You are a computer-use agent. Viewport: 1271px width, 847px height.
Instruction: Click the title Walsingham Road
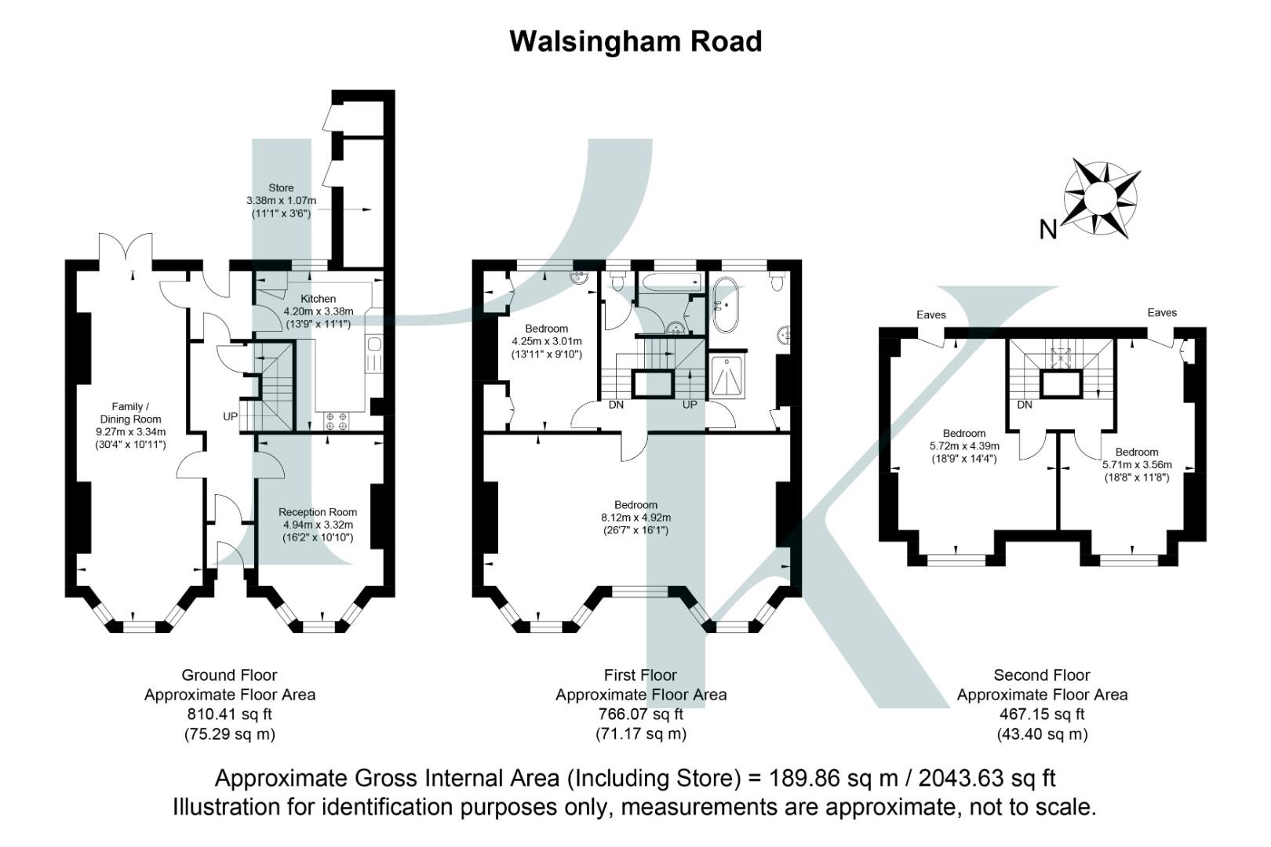(x=635, y=41)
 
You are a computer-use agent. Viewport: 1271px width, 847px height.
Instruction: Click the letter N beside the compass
(x=1048, y=230)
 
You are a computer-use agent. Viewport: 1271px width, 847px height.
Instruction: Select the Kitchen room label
(x=318, y=299)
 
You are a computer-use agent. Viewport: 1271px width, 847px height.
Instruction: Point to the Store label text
(x=281, y=188)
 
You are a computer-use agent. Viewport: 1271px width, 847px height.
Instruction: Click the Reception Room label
(x=317, y=512)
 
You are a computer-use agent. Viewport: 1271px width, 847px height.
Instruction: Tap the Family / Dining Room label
(x=130, y=413)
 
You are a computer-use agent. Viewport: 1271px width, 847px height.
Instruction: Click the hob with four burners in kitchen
(x=337, y=421)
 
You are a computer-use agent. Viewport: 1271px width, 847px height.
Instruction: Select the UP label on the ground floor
(x=230, y=416)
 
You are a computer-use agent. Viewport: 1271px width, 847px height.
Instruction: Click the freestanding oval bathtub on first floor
(x=727, y=305)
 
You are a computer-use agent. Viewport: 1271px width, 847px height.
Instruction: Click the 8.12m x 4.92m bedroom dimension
(x=635, y=518)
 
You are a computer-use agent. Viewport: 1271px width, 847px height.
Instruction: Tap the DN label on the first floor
(x=617, y=405)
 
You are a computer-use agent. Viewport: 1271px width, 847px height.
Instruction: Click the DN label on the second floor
(x=1025, y=405)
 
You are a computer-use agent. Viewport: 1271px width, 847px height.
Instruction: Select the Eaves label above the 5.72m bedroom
(x=931, y=314)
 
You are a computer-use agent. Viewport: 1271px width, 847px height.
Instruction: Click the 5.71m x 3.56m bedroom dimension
(x=1137, y=464)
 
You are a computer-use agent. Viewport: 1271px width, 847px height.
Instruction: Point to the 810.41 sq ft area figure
(x=229, y=714)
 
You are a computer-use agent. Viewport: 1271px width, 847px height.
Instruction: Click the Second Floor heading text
(x=1042, y=675)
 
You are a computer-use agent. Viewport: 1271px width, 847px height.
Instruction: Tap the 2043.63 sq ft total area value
(x=987, y=779)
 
